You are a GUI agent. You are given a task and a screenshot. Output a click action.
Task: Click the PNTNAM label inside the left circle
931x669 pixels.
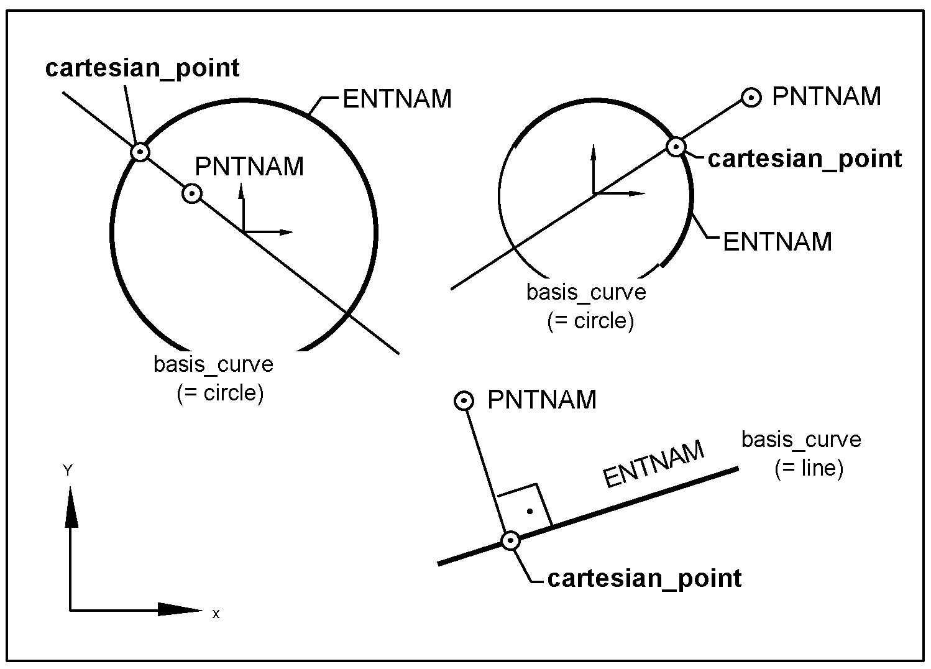(x=249, y=167)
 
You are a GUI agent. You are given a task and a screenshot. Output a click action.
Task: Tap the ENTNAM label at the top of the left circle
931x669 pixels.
(x=397, y=99)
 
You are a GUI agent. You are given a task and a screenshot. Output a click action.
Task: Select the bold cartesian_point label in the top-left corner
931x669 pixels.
(x=142, y=68)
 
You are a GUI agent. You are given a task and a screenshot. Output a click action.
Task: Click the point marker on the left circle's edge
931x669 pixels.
(x=141, y=151)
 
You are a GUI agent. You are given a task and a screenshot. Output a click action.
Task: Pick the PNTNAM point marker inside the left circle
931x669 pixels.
(x=192, y=194)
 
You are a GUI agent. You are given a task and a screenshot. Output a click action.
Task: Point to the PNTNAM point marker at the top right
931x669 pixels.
(x=752, y=98)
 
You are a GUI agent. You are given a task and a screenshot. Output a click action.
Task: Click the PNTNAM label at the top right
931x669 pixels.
(x=827, y=97)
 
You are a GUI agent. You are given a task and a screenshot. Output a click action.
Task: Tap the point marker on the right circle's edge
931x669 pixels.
(x=676, y=147)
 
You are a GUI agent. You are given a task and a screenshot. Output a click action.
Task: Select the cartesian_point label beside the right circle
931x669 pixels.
(x=805, y=159)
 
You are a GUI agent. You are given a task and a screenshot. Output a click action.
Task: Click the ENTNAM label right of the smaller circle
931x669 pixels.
(x=777, y=242)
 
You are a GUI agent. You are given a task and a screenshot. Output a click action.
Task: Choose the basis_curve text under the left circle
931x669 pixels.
(x=213, y=364)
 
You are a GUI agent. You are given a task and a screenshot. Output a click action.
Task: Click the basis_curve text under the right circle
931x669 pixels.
(x=586, y=292)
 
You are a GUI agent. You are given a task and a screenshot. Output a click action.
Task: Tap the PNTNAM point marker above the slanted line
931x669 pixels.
(x=464, y=401)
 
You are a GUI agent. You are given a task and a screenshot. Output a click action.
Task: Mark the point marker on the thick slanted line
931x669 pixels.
(x=510, y=541)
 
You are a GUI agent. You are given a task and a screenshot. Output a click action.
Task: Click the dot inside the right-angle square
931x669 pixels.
(x=530, y=512)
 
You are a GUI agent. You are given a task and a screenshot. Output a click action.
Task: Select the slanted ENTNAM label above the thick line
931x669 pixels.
(x=654, y=464)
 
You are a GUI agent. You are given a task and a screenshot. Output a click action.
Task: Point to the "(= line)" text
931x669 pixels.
(x=809, y=468)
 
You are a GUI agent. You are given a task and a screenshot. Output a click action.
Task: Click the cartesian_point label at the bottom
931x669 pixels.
(x=644, y=578)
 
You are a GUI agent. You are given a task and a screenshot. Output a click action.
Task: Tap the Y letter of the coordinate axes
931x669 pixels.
(x=68, y=471)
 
